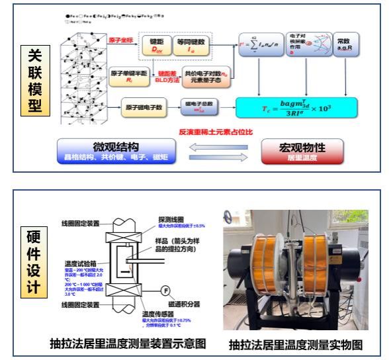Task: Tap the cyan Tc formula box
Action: point(296,107)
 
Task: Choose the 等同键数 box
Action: point(198,45)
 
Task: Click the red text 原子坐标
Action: point(122,40)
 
